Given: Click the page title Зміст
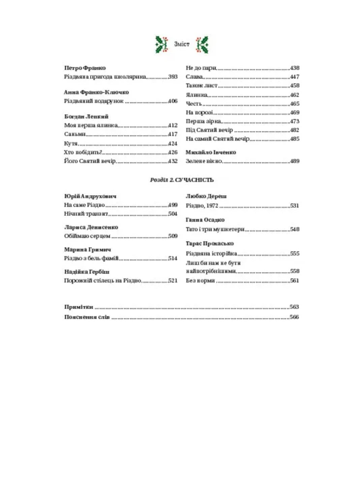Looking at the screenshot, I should click(x=182, y=44).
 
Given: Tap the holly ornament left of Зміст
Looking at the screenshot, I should click(x=162, y=44).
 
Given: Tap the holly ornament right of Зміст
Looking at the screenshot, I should click(x=202, y=44).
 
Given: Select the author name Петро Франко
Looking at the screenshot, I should click(x=85, y=68).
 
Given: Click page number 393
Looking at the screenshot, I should click(x=173, y=77).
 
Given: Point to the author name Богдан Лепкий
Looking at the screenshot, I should click(x=86, y=116).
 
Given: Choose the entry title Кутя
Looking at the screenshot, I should click(x=71, y=143).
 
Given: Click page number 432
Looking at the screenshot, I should click(x=173, y=161).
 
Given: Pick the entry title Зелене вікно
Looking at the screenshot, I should click(x=204, y=161).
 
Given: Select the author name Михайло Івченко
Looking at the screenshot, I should click(x=211, y=152).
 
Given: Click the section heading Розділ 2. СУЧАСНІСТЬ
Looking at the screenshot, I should click(x=182, y=180).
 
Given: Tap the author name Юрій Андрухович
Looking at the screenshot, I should click(x=90, y=196).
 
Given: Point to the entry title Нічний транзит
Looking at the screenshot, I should click(x=86, y=214).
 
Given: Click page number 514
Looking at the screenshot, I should click(x=173, y=258).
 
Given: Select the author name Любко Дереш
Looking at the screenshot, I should click(x=206, y=196).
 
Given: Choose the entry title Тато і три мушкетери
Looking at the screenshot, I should click(x=215, y=229).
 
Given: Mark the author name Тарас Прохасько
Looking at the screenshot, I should click(x=209, y=243).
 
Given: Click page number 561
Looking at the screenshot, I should click(x=295, y=280).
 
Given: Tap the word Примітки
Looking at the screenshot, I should click(x=79, y=307).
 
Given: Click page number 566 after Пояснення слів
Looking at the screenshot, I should click(x=294, y=317).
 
